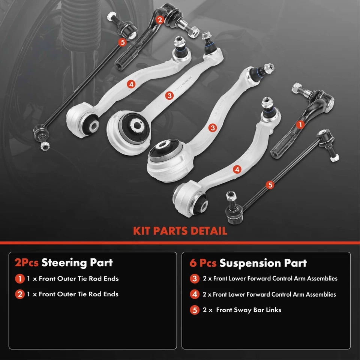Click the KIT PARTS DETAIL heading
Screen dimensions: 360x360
(180, 230)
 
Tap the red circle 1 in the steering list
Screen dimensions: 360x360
(19, 279)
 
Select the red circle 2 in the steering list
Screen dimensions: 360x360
(19, 294)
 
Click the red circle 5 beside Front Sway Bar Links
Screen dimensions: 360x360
(194, 310)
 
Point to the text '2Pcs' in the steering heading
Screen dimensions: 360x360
(26, 262)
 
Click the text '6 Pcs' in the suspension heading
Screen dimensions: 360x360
(202, 263)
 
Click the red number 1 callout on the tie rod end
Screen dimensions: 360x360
(299, 124)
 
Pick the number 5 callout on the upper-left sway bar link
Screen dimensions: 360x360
(122, 42)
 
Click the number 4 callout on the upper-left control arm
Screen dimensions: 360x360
(131, 84)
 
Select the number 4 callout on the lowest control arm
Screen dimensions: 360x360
(237, 169)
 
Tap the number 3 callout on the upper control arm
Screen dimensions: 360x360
(170, 96)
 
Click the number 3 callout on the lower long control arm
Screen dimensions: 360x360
(213, 128)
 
